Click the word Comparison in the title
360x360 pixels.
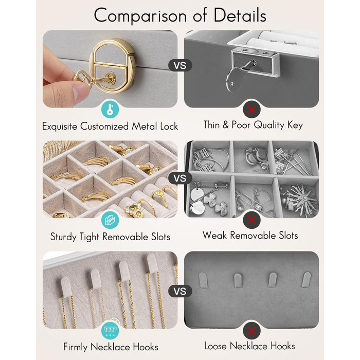click(x=140, y=15)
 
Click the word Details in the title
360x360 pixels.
click(x=240, y=15)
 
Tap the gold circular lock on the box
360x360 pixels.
click(x=113, y=66)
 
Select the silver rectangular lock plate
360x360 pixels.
click(x=255, y=61)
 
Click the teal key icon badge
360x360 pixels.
click(x=110, y=109)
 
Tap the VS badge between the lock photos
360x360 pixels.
click(x=180, y=65)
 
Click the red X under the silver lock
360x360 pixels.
click(x=251, y=110)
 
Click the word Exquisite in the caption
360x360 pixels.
click(x=60, y=127)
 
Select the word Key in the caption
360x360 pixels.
click(x=295, y=125)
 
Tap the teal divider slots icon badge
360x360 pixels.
click(x=110, y=220)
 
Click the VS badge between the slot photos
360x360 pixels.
click(x=180, y=178)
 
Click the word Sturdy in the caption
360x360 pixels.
click(x=63, y=237)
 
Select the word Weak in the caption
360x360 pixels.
click(x=214, y=236)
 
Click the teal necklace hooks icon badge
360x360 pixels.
click(x=110, y=330)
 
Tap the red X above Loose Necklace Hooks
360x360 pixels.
click(x=251, y=331)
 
